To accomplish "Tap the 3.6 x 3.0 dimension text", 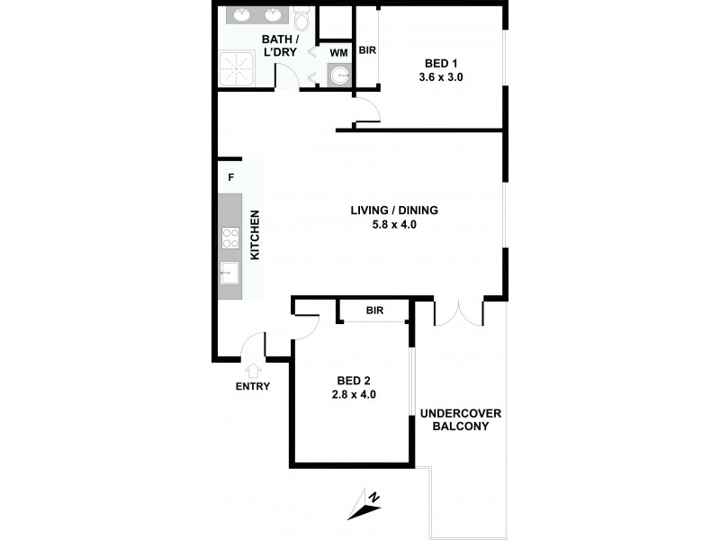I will [x=442, y=77].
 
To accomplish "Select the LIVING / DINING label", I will [x=394, y=211].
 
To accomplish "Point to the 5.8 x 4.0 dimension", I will [x=394, y=225].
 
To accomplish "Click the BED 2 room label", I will [x=349, y=379].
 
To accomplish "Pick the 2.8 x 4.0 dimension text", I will [x=349, y=393].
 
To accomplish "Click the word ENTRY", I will [x=253, y=387].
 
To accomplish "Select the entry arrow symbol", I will [x=253, y=369].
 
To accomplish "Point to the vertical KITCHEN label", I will [x=255, y=236].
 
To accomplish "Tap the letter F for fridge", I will [x=230, y=177].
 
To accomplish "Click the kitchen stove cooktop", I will [x=229, y=239].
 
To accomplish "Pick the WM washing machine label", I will [x=338, y=53].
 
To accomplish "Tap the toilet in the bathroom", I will [x=301, y=17].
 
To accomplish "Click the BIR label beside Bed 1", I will [x=366, y=51].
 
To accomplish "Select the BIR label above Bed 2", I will [x=375, y=310].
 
